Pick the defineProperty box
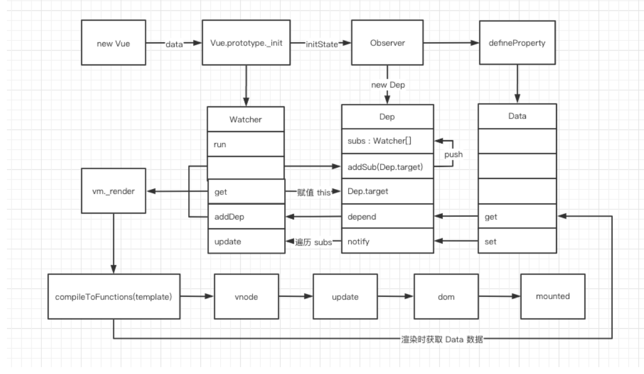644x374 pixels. click(x=517, y=43)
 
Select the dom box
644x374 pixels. click(x=445, y=297)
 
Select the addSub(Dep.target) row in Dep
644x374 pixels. click(x=387, y=167)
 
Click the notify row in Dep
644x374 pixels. click(x=387, y=242)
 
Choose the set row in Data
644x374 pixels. click(x=517, y=242)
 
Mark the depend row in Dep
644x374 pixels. click(x=387, y=217)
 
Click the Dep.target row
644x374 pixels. click(x=387, y=191)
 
